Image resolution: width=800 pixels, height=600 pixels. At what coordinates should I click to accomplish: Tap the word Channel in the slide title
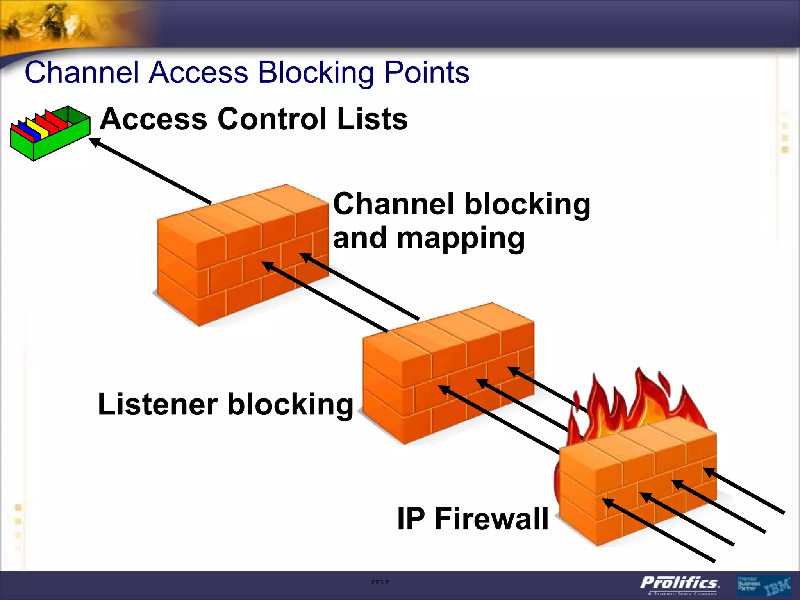coord(82,73)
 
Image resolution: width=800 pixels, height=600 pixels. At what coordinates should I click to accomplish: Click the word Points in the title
coord(427,73)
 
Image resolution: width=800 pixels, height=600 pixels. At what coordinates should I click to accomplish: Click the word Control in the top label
coord(272,119)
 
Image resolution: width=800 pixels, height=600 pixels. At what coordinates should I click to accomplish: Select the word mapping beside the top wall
coord(461,238)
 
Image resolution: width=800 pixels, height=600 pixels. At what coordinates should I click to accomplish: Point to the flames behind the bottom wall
coord(641,402)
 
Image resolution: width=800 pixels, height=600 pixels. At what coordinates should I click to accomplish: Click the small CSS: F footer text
coord(380,582)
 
